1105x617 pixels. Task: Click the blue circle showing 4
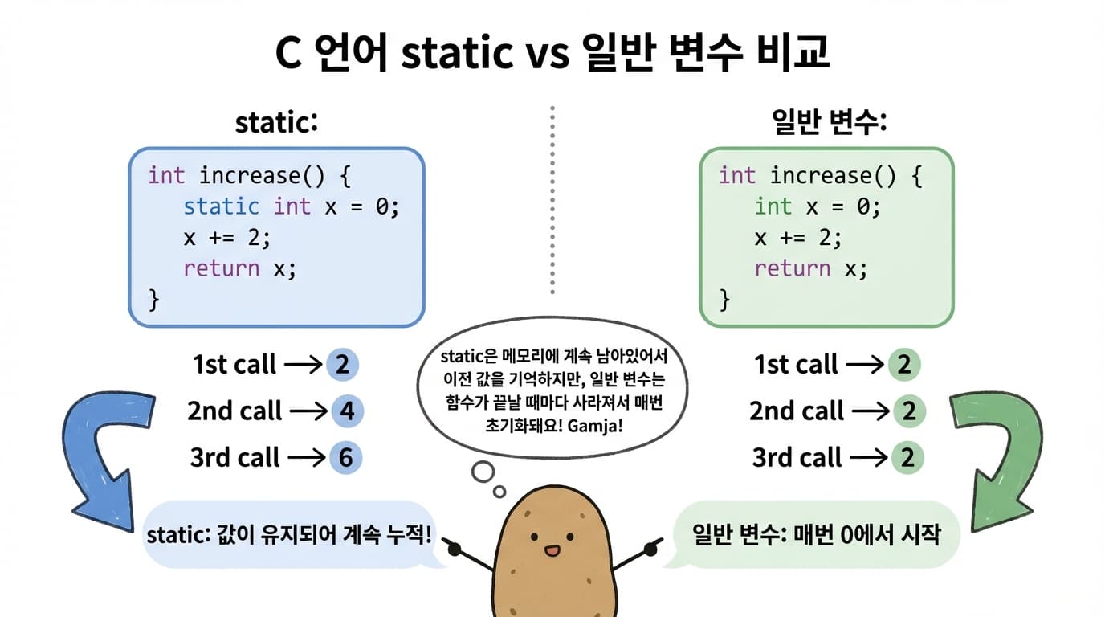pyautogui.click(x=347, y=411)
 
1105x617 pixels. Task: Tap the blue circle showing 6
pyautogui.click(x=345, y=458)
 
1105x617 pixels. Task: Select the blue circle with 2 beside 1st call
pyautogui.click(x=342, y=365)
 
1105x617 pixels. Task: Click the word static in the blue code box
pyautogui.click(x=221, y=206)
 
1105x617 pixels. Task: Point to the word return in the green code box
pyautogui.click(x=792, y=268)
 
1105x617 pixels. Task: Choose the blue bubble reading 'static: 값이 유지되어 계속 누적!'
pyautogui.click(x=289, y=534)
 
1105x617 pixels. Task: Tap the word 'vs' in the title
pyautogui.click(x=548, y=55)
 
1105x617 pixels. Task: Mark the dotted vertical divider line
pyautogui.click(x=552, y=201)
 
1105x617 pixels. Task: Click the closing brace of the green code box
pyautogui.click(x=725, y=300)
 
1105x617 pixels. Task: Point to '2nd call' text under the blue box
pyautogui.click(x=234, y=411)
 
